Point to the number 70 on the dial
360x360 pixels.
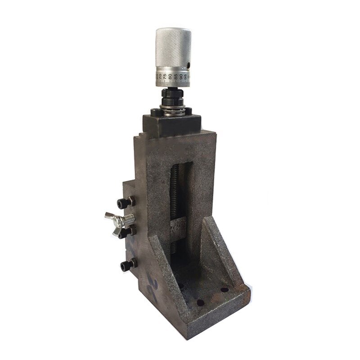tap(160, 77)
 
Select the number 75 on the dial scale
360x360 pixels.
tap(165, 76)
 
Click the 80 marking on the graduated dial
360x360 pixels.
tap(170, 77)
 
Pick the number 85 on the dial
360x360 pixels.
tap(176, 76)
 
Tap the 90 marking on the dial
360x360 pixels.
tap(181, 76)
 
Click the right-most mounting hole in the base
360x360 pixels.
tap(224, 290)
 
